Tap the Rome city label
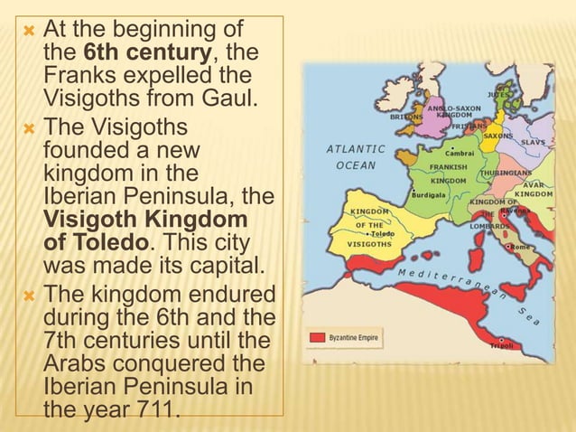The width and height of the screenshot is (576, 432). tap(519, 246)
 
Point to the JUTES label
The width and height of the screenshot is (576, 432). tap(497, 93)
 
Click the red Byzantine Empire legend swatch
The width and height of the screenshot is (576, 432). tap(317, 336)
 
